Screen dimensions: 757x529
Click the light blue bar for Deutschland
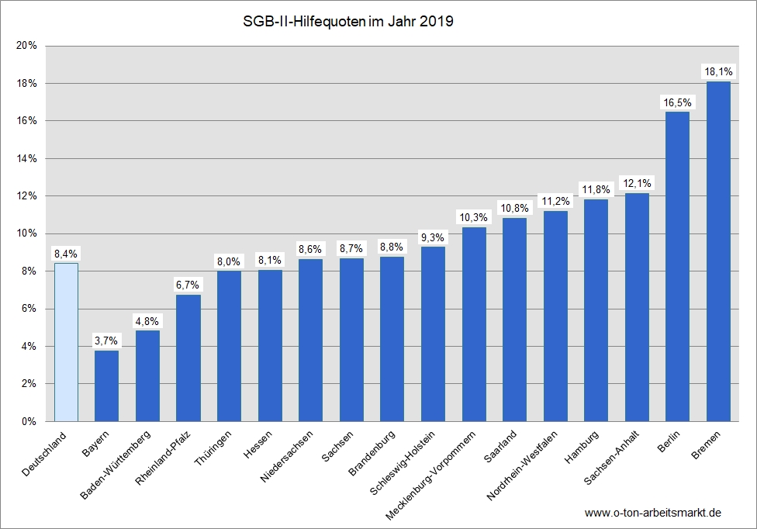[66, 342]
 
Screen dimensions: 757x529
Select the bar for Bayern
[107, 386]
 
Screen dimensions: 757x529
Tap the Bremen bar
[718, 251]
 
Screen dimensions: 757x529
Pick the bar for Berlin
[677, 266]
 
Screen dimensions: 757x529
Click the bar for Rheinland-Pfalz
[188, 358]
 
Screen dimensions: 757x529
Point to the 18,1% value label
[718, 72]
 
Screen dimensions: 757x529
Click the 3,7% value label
[106, 341]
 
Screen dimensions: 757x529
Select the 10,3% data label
[474, 218]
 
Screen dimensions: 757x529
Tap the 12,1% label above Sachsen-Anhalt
[638, 183]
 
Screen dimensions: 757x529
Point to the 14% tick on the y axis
[26, 158]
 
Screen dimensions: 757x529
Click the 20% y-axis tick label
[26, 45]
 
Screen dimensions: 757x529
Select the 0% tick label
[29, 421]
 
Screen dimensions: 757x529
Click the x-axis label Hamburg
[582, 447]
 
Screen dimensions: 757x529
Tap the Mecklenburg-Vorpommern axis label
[430, 475]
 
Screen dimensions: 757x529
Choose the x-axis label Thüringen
[213, 448]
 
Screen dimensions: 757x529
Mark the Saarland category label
[500, 447]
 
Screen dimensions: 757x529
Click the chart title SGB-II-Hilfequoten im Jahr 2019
[348, 22]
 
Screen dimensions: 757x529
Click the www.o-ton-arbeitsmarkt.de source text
[653, 513]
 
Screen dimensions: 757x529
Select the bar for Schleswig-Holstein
[433, 334]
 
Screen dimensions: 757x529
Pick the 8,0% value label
[229, 261]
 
